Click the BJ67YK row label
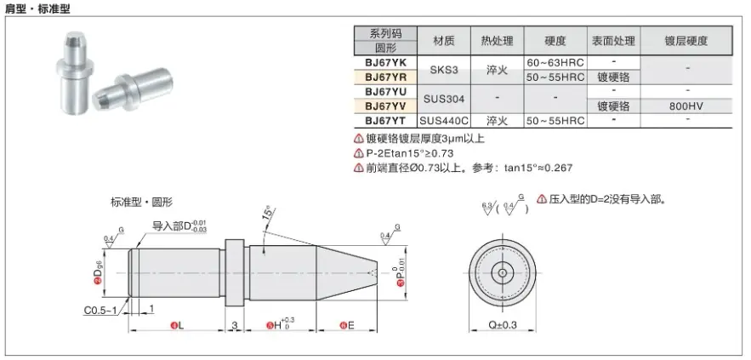coord(386,63)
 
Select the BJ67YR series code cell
coord(386,77)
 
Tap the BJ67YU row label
coord(386,91)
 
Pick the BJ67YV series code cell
coord(386,106)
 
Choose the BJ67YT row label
coord(386,121)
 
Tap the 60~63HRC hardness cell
coord(555,63)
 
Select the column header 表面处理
coord(613,41)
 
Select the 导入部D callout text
coord(179,226)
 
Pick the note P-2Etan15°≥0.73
coord(408,153)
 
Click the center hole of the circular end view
coord(504,273)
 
